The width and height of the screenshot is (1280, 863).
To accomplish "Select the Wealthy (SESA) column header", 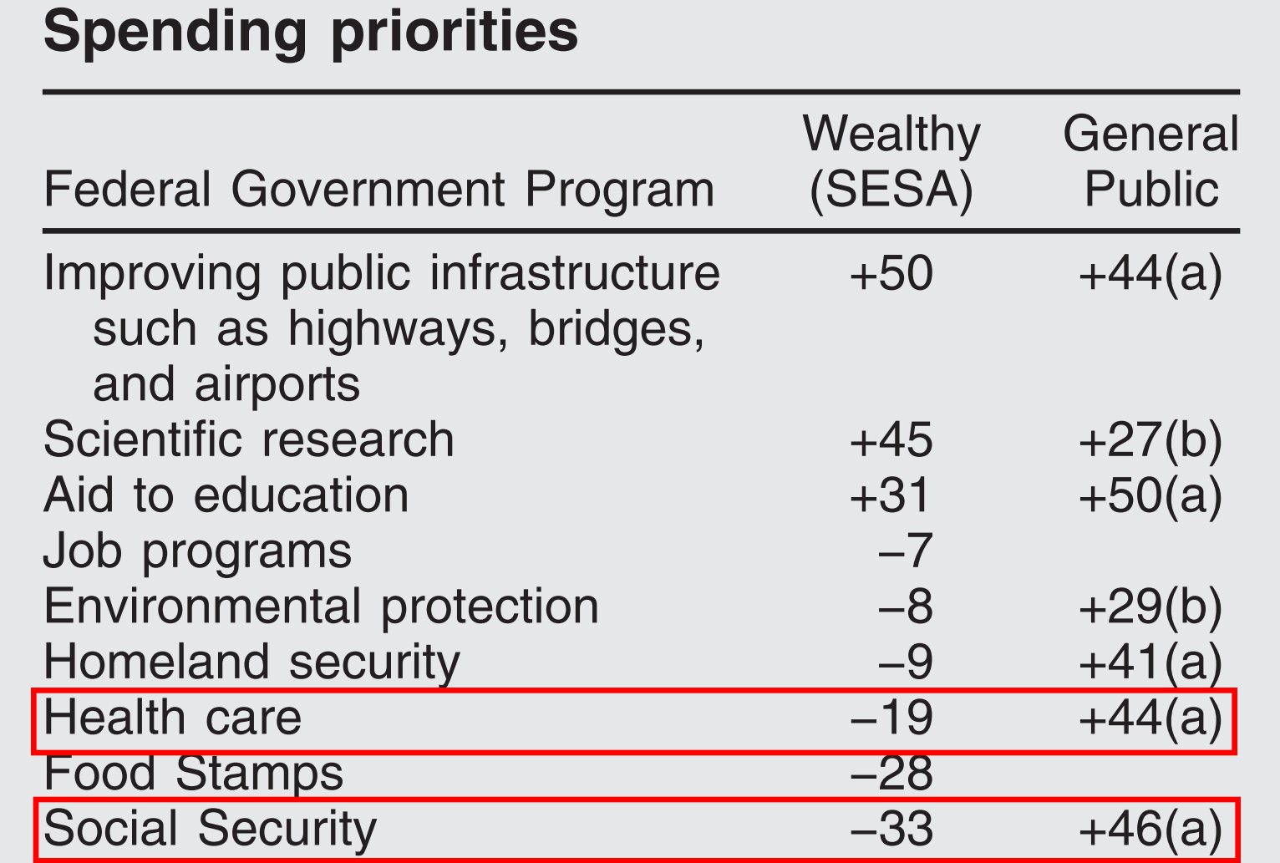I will coord(891,162).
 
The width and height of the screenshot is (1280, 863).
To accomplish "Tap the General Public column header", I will coord(1150,162).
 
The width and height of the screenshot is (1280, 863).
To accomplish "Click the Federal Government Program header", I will coord(378,190).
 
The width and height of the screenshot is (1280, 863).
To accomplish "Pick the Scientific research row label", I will coord(248,440).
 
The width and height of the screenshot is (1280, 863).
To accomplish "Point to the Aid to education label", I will coord(226,495).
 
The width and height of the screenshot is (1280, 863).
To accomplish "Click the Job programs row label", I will coord(197,551).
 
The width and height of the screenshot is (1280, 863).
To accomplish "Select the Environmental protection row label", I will coord(321,607).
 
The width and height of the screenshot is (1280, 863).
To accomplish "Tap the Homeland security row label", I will coord(251,662).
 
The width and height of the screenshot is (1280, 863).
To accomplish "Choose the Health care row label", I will coord(172,718).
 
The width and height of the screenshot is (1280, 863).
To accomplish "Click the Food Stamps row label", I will coord(193,773).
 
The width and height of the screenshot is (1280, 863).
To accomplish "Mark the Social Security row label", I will coord(210,829).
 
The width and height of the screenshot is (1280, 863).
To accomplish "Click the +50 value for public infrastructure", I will coord(891,274).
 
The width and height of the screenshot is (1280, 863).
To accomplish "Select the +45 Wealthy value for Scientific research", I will coord(891,440).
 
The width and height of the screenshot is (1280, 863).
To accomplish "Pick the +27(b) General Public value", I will coord(1150,440).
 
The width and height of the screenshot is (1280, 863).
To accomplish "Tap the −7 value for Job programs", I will coord(905,551).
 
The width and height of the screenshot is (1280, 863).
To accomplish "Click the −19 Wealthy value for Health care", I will coord(891,718).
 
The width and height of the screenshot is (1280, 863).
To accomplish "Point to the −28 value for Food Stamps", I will coord(891,773).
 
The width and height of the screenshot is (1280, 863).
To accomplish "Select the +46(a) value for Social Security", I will coord(1150,829).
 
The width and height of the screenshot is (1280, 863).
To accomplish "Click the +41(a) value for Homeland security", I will coord(1150,662).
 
